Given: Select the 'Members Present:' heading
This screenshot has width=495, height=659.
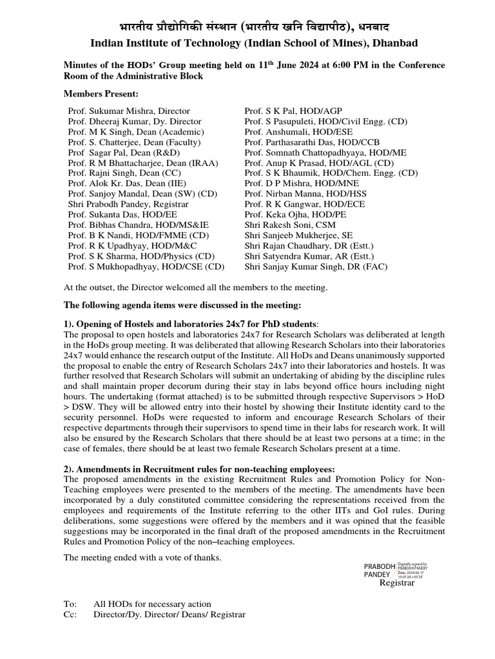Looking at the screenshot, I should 95,93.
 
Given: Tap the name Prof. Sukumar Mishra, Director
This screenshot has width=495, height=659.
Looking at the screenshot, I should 129,111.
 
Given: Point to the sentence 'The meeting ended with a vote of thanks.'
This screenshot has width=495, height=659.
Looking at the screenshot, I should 142,557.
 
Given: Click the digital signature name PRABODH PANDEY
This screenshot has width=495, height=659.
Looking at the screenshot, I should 377,569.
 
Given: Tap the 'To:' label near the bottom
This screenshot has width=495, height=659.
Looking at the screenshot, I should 70,604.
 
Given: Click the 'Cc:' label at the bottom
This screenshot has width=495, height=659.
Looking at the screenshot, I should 70,614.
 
